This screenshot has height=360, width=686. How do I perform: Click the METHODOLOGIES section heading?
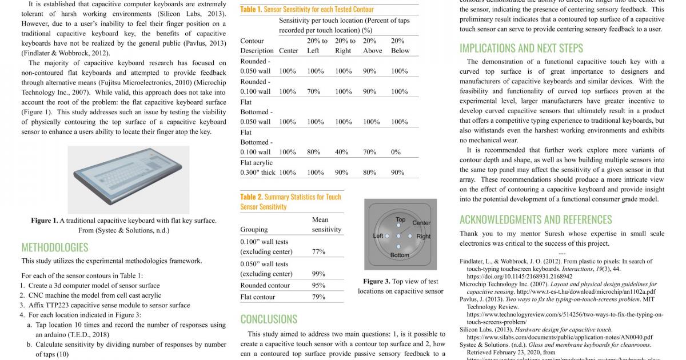(x=55, y=247)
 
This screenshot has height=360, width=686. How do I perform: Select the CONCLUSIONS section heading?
(x=269, y=319)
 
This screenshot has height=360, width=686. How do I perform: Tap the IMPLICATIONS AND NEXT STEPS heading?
(x=521, y=48)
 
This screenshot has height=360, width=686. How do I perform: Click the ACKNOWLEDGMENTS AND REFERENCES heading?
(x=536, y=219)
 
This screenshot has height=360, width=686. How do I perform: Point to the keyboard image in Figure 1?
(x=128, y=180)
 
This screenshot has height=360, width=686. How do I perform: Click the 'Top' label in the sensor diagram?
(x=401, y=219)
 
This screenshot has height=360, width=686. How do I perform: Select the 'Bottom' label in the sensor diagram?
(x=400, y=255)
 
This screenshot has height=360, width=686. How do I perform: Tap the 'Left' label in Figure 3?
(x=378, y=235)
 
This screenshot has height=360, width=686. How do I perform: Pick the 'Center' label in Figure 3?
(x=421, y=223)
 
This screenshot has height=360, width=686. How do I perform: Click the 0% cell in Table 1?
(x=396, y=152)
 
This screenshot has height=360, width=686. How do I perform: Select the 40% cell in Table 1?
(x=341, y=152)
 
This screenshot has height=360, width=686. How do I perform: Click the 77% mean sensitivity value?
(x=318, y=251)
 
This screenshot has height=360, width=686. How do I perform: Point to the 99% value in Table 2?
(x=318, y=274)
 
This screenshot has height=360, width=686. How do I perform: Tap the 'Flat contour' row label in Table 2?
(x=258, y=297)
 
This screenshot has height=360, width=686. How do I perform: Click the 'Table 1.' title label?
(x=251, y=9)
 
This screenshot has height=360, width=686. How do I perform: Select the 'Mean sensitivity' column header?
(x=326, y=225)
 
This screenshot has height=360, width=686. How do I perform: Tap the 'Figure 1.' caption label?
(x=45, y=221)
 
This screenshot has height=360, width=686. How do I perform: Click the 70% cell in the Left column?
(x=313, y=91)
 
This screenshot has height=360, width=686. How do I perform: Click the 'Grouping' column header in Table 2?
(x=254, y=230)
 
